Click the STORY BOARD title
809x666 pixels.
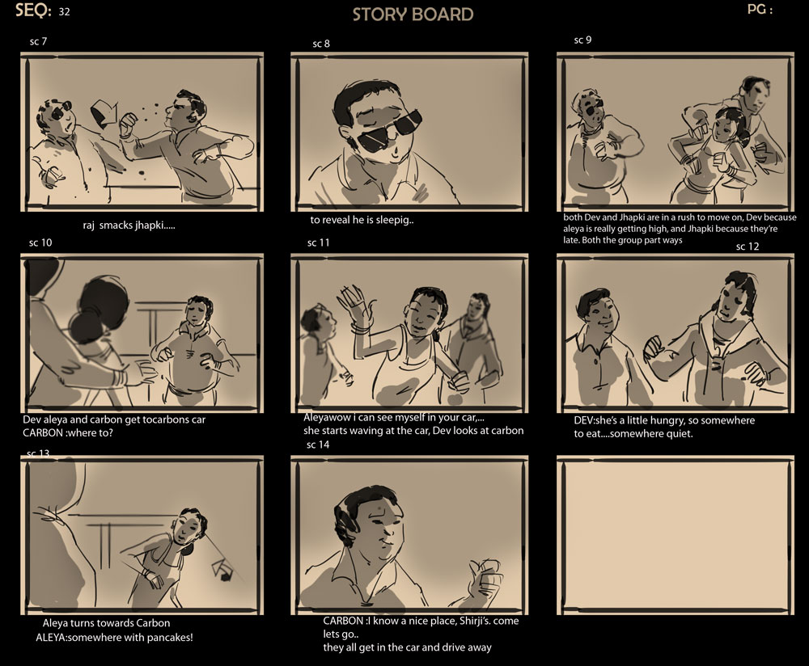[413, 15]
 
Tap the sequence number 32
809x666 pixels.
[64, 12]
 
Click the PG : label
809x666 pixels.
[760, 9]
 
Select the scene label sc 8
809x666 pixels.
[321, 44]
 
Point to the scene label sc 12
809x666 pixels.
[748, 247]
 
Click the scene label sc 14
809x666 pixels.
[318, 445]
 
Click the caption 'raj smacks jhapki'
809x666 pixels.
[129, 226]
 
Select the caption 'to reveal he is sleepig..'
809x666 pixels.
[362, 220]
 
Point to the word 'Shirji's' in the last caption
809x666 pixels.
[475, 621]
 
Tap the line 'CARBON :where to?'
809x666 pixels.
[68, 433]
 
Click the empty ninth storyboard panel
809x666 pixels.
[676, 535]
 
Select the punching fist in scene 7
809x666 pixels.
[128, 124]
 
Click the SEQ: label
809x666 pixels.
[33, 11]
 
